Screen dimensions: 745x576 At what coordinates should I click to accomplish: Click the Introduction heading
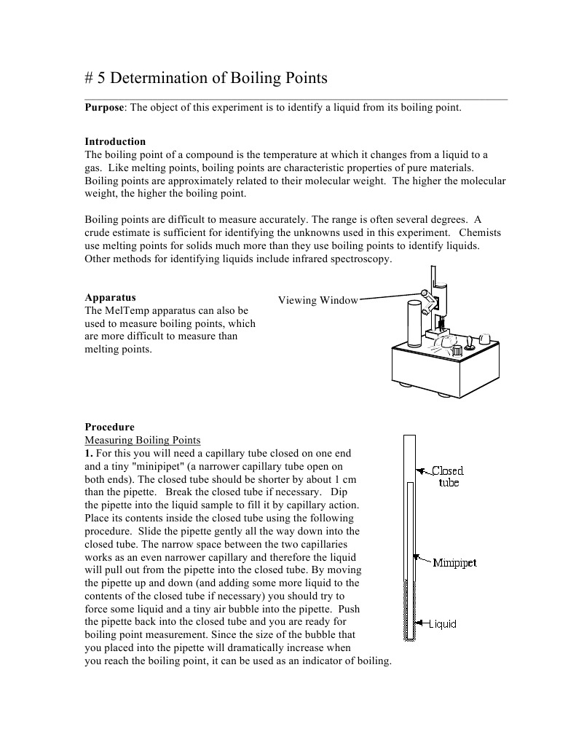[x=115, y=141]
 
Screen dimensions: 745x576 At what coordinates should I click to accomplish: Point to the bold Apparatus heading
[x=110, y=297]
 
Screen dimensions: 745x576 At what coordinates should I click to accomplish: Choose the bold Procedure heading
[x=109, y=427]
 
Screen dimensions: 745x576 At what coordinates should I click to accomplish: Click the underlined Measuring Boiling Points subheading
[x=142, y=440]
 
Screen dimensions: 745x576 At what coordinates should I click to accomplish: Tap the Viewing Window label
[x=318, y=300]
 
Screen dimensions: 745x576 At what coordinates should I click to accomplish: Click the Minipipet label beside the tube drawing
[x=454, y=563]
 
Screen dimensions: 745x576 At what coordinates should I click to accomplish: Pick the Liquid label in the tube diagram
[x=442, y=623]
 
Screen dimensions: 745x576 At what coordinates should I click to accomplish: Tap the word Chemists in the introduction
[x=480, y=232]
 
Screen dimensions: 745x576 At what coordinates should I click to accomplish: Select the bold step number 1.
[x=88, y=453]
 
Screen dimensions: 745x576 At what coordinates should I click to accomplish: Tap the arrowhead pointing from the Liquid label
[x=418, y=623]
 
